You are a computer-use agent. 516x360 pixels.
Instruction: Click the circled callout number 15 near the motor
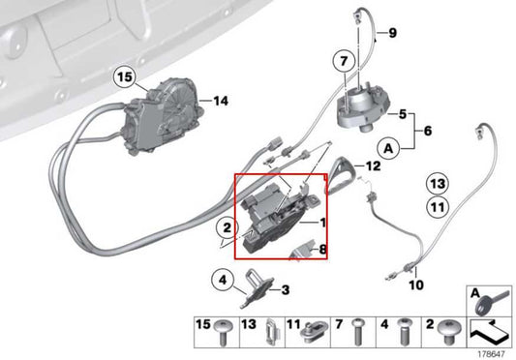pyautogui.click(x=123, y=75)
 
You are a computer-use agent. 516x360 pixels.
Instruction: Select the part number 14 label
pyautogui.click(x=220, y=100)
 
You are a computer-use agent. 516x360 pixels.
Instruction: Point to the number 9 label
pyautogui.click(x=393, y=34)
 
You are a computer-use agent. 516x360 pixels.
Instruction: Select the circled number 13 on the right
pyautogui.click(x=438, y=183)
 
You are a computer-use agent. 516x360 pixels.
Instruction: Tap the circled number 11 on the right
pyautogui.click(x=438, y=205)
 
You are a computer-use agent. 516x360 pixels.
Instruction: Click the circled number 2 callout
pyautogui.click(x=225, y=228)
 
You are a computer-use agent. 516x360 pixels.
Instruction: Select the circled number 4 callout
pyautogui.click(x=222, y=283)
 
